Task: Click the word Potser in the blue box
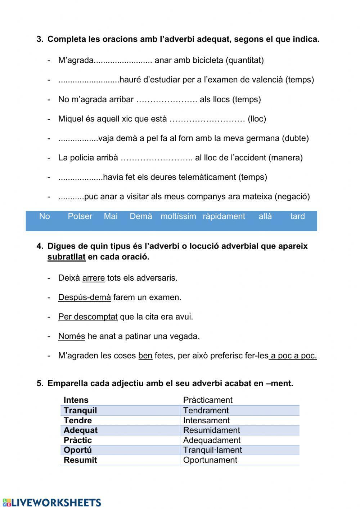pos(80,216)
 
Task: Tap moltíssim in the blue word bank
pos(178,216)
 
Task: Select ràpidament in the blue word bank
pos(224,216)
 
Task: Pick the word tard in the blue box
pos(297,216)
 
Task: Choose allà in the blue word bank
pos(265,216)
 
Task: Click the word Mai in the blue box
pos(111,216)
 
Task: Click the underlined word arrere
pos(94,278)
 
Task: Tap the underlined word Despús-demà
pos(85,298)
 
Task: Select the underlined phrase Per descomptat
pos(88,317)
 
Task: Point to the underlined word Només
pos(72,336)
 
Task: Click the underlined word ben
pos(145,356)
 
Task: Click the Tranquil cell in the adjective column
pos(80,410)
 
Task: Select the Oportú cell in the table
pos(78,450)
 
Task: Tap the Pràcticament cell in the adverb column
pos(208,400)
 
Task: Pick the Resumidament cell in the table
pos(211,430)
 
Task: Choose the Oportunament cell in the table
pos(210,460)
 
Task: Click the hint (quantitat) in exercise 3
pos(245,60)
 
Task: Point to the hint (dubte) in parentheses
pos(296,138)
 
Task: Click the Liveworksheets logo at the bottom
pos(51,502)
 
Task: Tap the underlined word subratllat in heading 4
pos(66,257)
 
